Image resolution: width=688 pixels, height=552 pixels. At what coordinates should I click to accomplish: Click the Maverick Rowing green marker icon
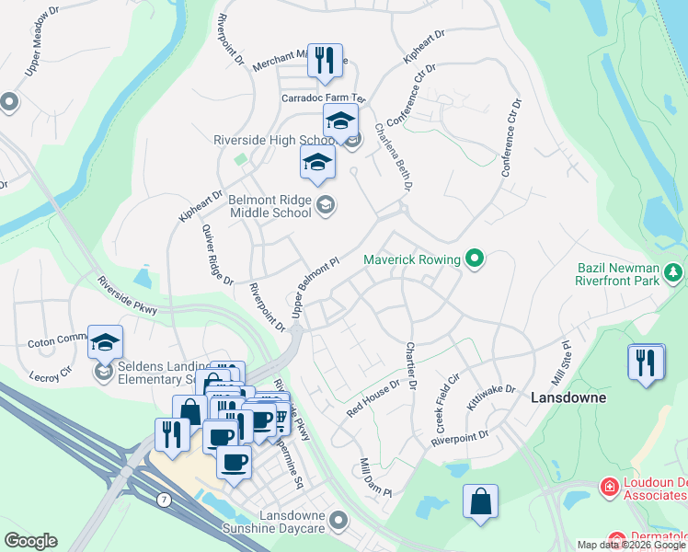(475, 259)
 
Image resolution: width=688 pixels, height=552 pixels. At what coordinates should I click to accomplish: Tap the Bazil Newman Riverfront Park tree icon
(674, 271)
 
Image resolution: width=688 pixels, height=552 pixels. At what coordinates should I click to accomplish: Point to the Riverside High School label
(273, 140)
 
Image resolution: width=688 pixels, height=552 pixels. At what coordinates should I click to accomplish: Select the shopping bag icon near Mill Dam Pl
(480, 501)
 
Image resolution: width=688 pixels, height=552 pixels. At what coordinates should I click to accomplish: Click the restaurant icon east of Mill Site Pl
(646, 361)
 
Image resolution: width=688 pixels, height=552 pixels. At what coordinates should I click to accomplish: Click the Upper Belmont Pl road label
(315, 288)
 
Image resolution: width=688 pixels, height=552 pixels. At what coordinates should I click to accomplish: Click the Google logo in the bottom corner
(30, 541)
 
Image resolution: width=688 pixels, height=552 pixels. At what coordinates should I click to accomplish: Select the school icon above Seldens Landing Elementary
(105, 341)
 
